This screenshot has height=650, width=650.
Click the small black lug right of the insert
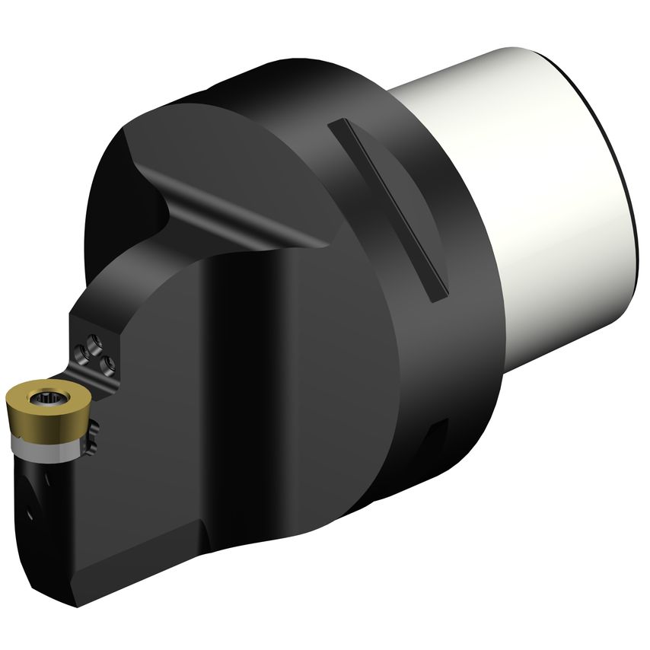[x=94, y=436]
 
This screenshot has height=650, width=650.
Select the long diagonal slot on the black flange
[x=387, y=209]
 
